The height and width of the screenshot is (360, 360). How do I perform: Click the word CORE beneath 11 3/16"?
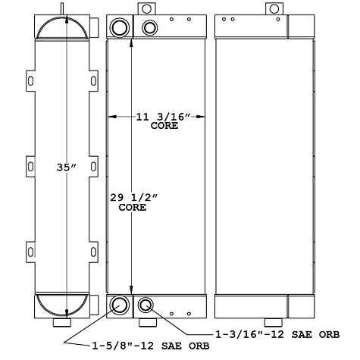click(163, 126)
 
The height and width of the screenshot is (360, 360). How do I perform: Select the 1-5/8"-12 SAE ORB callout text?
click(151, 346)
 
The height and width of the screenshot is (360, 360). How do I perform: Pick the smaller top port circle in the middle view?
click(149, 28)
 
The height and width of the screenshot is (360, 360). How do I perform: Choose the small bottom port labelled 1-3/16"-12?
click(146, 305)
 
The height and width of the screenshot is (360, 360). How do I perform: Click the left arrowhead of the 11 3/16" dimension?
click(112, 117)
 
